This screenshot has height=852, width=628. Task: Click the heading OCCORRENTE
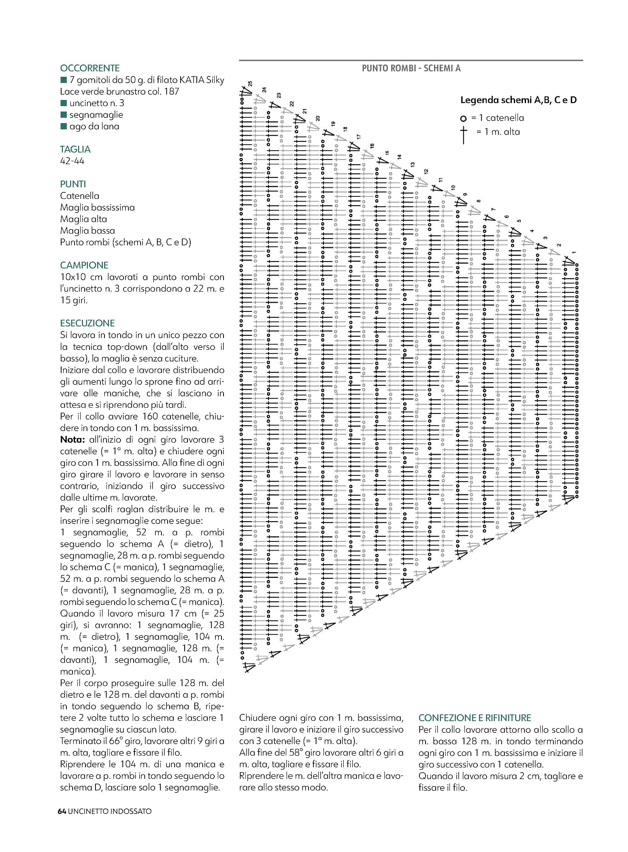pos(89,68)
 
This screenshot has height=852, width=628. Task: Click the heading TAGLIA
pos(75,149)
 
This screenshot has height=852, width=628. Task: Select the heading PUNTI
pos(73,184)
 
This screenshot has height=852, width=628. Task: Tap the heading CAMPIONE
pos(84,265)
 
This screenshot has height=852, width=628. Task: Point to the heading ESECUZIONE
pos(87,323)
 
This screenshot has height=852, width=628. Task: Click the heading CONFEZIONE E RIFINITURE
pos(475,718)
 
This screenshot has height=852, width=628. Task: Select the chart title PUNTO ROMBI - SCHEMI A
pos(411,68)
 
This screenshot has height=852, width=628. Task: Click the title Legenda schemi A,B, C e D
pos(518,100)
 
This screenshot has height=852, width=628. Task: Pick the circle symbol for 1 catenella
pos(464,119)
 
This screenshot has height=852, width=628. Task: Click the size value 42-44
pos(72,161)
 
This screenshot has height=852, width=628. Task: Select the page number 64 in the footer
pos(62,812)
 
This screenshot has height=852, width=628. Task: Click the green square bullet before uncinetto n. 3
pos(64,103)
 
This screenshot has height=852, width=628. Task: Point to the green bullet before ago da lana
pos(64,126)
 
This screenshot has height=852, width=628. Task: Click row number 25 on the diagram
pos(250,83)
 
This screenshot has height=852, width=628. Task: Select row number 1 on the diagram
pos(573,253)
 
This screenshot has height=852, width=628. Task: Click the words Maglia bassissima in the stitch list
pos(97,207)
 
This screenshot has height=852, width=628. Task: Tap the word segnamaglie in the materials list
pos(96,115)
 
